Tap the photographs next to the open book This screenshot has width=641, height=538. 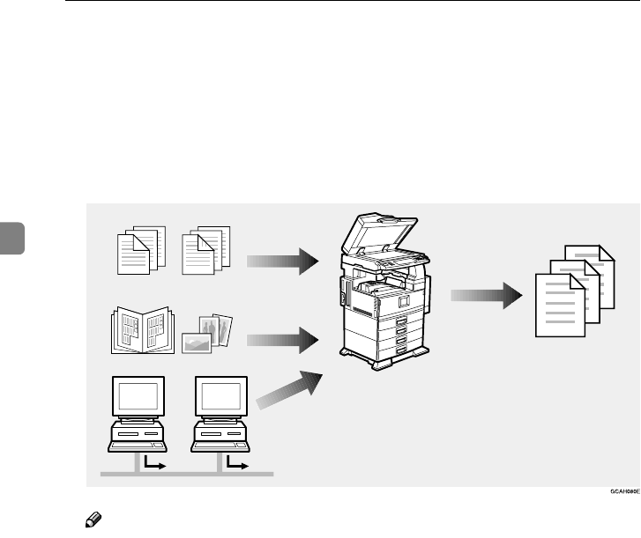tap(208, 333)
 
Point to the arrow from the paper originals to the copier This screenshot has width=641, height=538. tap(281, 260)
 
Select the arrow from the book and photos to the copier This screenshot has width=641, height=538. tap(281, 338)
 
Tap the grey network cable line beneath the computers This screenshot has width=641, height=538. tap(185, 474)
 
